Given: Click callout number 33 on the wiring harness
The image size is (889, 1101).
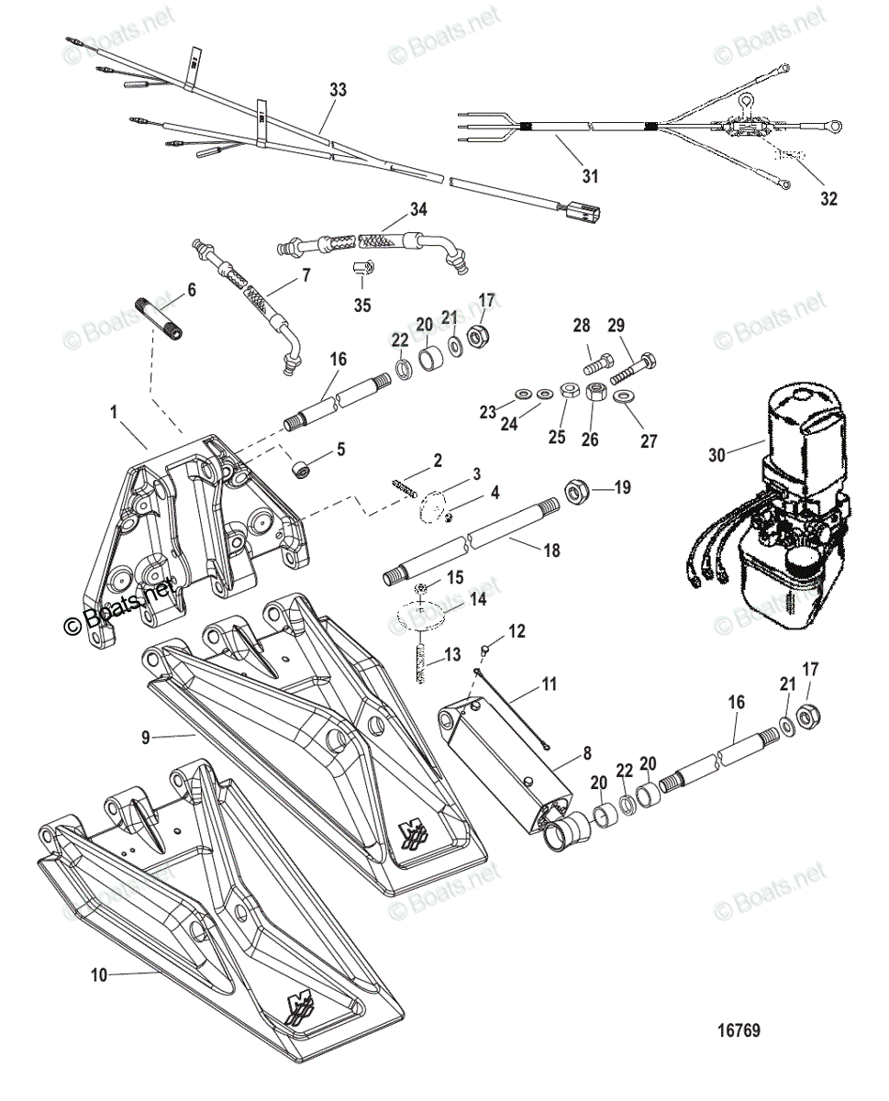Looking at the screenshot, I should click(339, 90).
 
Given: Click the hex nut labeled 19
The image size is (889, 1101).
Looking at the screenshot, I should click(579, 493).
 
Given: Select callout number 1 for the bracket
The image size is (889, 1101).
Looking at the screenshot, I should click(115, 413).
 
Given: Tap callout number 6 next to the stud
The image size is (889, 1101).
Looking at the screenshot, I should click(191, 290).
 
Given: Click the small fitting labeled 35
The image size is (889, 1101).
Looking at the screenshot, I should click(362, 270).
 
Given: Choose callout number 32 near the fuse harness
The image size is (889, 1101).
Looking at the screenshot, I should click(829, 197).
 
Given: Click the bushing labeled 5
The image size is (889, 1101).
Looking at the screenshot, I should click(299, 470).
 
